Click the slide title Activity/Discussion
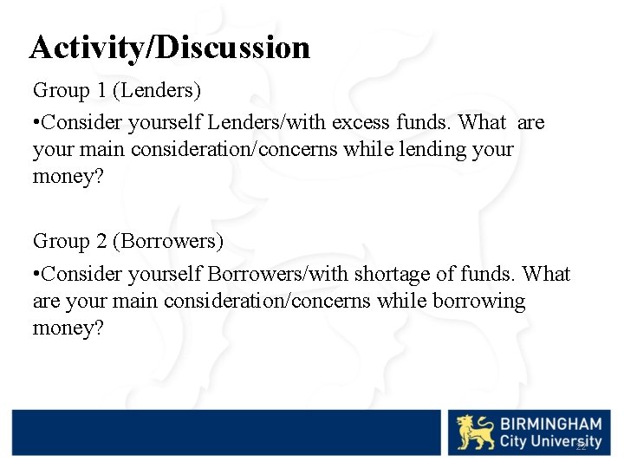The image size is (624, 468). click(169, 47)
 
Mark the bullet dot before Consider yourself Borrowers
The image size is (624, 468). click(36, 275)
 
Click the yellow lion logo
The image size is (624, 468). click(476, 432)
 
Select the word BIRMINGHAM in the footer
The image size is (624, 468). click(549, 424)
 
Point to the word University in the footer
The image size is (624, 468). click(567, 442)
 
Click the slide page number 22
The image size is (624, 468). click(582, 445)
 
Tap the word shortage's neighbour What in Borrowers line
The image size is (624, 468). click(548, 274)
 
